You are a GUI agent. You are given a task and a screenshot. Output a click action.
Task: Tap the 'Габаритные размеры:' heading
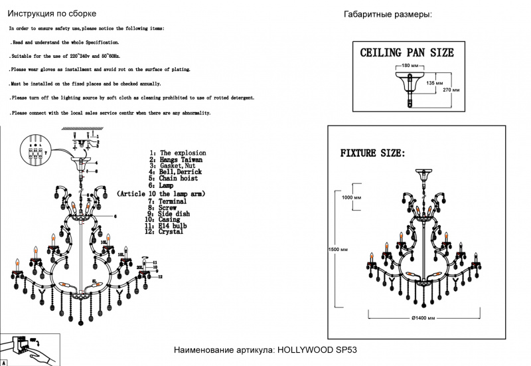coord(388,15)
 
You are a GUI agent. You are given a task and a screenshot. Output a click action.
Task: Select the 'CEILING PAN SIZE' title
coord(406,52)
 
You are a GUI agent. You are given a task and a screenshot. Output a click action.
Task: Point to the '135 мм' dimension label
coord(435,83)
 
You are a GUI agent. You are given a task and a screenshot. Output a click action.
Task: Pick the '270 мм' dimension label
coord(451,89)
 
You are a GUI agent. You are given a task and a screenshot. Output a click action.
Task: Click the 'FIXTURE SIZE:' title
coord(372,153)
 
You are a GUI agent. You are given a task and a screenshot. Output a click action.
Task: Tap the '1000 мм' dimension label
coord(351,198)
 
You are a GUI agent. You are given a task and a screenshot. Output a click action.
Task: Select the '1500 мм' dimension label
coord(339,249)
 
